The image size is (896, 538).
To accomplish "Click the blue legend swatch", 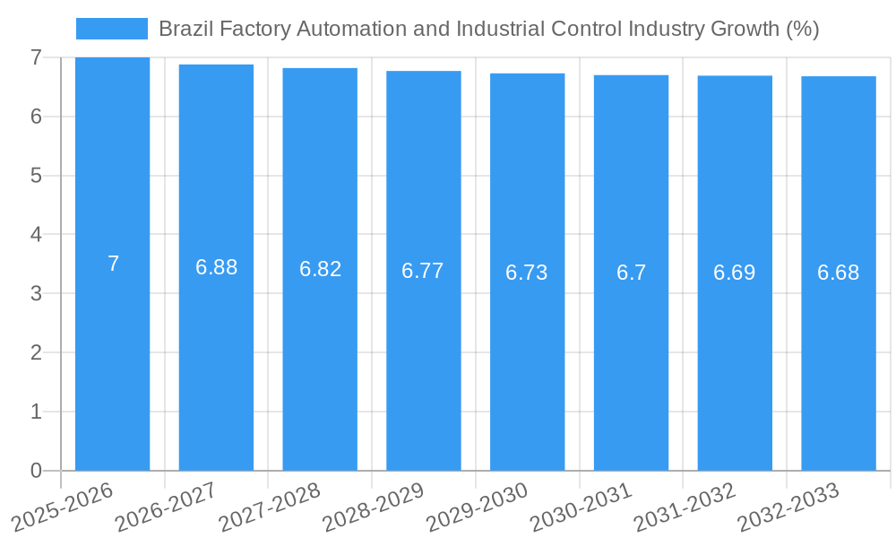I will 111,29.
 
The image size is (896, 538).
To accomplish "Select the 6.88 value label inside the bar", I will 216,267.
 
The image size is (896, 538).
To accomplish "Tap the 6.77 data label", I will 423,271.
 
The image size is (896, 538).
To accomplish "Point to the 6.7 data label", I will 631,273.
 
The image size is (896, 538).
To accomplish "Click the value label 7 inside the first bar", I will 113,264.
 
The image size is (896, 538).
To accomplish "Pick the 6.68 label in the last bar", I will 838,273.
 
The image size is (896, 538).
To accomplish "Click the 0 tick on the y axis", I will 36,471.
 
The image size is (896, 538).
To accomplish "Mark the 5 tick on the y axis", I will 36,176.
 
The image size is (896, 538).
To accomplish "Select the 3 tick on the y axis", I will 36,293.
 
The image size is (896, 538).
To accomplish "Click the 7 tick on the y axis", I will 36,57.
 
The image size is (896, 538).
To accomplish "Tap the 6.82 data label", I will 320,269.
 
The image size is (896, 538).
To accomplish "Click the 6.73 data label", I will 526,273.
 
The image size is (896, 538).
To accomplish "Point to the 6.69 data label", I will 734,273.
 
